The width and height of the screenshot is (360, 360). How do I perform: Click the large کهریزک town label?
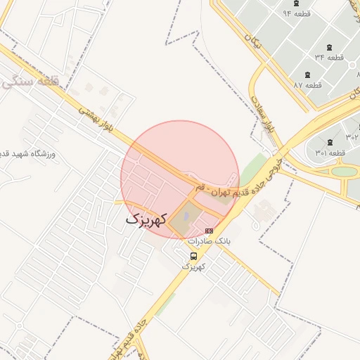tap(146, 219)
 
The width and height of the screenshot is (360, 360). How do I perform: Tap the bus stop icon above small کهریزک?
tap(194, 256)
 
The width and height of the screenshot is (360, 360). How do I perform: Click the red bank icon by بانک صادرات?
tap(209, 230)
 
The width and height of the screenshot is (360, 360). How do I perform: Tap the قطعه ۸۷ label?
tap(307, 85)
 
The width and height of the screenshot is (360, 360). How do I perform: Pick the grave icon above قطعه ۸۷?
tap(307, 74)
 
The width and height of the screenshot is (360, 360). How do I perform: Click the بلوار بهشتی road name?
tap(94, 116)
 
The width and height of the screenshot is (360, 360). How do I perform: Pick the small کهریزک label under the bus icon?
tap(193, 266)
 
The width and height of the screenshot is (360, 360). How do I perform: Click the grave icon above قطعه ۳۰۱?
tap(330, 143)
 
